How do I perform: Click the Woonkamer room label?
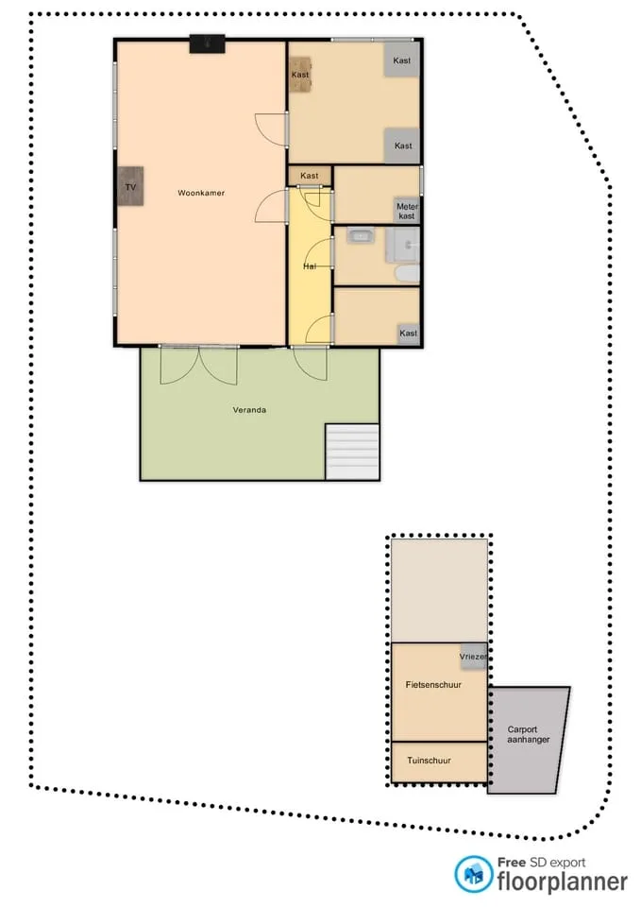(x=201, y=193)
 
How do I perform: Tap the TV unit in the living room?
(x=130, y=186)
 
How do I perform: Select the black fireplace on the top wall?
(x=207, y=44)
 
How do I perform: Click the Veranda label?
(x=249, y=409)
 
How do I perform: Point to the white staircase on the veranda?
(x=352, y=452)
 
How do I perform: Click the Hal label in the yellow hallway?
(x=310, y=266)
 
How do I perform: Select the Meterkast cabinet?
(x=407, y=211)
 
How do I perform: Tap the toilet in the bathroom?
(x=408, y=274)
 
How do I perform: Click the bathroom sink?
(x=361, y=236)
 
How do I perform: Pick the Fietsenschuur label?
(x=433, y=684)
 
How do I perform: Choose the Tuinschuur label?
(x=429, y=760)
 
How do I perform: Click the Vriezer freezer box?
(x=473, y=657)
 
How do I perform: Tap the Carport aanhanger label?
(x=529, y=734)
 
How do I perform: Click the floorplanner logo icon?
(x=473, y=874)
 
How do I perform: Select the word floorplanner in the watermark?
(x=562, y=881)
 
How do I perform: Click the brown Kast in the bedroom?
(x=300, y=75)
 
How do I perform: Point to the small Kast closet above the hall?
(x=310, y=176)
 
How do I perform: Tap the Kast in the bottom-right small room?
(x=408, y=334)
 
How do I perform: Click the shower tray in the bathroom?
(x=402, y=246)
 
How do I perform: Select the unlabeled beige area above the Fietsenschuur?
(x=439, y=590)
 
